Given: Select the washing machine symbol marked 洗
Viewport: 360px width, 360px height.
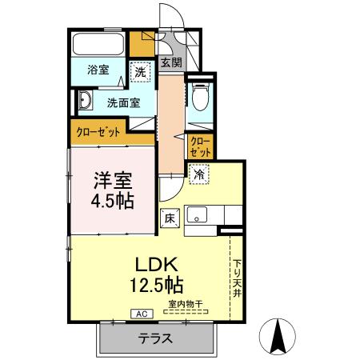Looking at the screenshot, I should click(x=140, y=71).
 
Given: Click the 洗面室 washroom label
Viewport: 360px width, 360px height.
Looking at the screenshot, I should click(x=123, y=102).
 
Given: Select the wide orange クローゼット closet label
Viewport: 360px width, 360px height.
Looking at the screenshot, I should click(x=98, y=132).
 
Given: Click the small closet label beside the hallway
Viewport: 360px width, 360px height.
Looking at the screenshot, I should click(x=201, y=146).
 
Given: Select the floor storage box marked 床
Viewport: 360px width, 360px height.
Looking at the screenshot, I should click(x=170, y=217).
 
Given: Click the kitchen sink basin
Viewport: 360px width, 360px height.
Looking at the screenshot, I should click(x=196, y=215).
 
